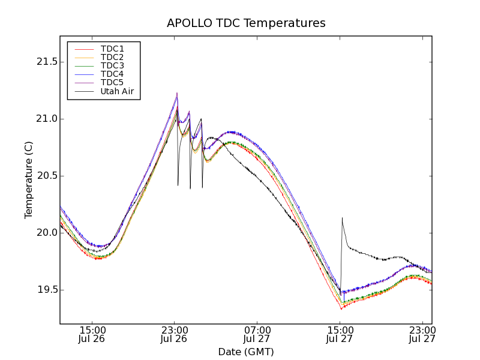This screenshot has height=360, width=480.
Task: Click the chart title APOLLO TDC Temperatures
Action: coord(246,23)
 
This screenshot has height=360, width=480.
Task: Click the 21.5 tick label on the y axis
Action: coord(46,62)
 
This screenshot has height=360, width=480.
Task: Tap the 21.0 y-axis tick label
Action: coord(46,119)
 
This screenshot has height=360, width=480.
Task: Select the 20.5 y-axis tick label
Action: coord(46,176)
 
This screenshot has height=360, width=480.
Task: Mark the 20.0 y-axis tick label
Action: coord(46,233)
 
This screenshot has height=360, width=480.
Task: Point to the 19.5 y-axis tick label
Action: coord(46,290)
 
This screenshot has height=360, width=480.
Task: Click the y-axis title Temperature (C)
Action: coord(29,180)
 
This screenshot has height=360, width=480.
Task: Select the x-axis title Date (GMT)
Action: coord(246,352)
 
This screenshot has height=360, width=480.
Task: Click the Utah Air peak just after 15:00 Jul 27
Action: coord(342,218)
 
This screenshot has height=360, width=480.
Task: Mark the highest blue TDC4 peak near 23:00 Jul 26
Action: coord(177,93)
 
